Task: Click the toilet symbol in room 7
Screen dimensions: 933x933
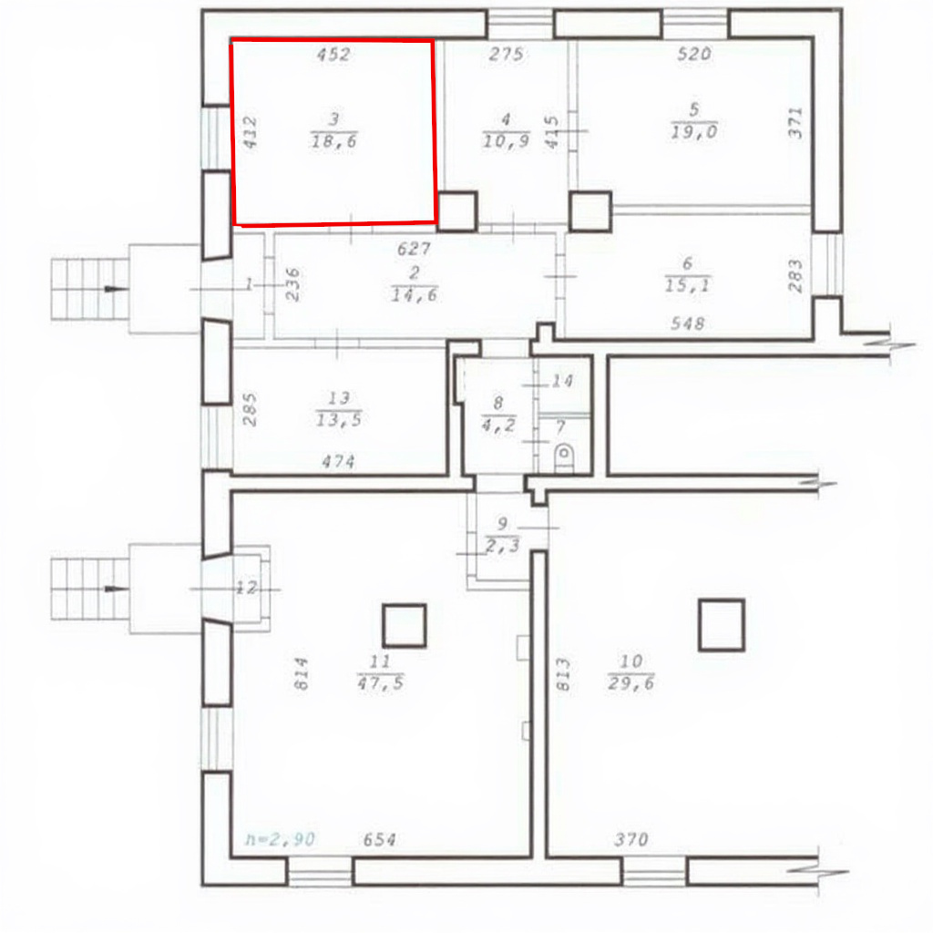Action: (564, 458)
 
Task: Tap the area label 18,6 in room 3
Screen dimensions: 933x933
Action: (333, 141)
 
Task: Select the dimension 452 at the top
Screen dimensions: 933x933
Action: (333, 54)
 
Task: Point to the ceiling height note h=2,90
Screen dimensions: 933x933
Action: (281, 839)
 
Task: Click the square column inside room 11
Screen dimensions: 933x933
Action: (404, 625)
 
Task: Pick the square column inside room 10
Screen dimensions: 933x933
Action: (722, 625)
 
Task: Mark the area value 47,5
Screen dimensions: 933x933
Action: (381, 682)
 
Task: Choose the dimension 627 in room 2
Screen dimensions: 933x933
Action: (415, 248)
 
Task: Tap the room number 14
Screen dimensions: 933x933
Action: (562, 380)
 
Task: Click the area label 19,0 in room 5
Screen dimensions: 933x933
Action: (694, 131)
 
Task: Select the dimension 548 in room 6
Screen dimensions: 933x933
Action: (688, 323)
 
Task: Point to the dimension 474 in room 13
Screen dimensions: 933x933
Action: (338, 461)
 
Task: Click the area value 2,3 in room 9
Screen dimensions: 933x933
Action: (503, 546)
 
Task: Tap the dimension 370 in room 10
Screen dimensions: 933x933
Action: (631, 839)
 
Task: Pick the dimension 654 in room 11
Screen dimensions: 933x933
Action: (380, 839)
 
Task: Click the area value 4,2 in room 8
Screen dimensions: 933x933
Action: (498, 425)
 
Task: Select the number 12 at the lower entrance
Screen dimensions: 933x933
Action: (246, 588)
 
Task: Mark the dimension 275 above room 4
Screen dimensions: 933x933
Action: (506, 54)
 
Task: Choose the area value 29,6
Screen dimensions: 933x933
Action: (631, 682)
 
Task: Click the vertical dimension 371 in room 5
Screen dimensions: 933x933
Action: (795, 123)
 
